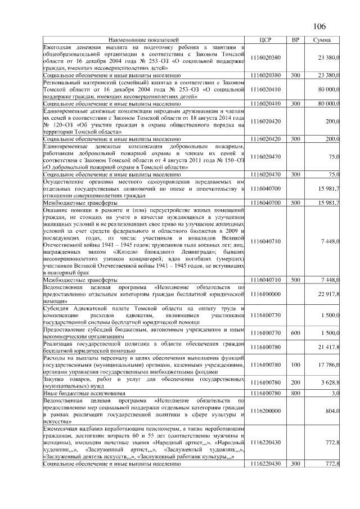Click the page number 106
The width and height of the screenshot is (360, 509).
click(x=318, y=26)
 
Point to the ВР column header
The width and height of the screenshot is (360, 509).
click(x=295, y=40)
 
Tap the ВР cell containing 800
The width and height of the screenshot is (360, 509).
click(x=295, y=392)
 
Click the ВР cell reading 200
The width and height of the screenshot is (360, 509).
click(x=295, y=383)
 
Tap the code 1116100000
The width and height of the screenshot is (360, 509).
click(x=266, y=294)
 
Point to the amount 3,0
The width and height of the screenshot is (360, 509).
click(x=334, y=392)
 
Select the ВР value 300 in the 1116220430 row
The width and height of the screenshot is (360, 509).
click(x=295, y=463)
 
